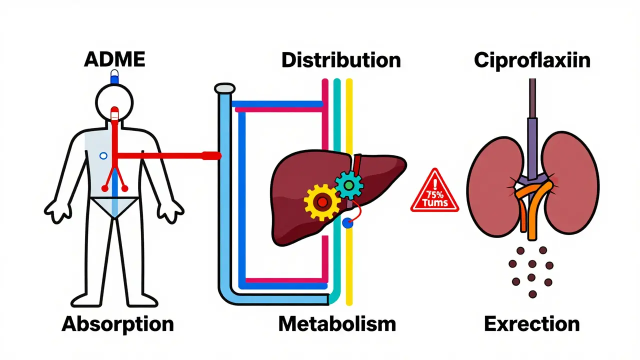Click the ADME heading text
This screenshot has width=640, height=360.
(x=114, y=59)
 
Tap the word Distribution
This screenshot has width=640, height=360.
(x=341, y=60)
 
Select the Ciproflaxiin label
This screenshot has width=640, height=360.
(x=532, y=60)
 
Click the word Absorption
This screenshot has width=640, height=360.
(x=117, y=324)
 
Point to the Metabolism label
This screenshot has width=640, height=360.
(x=337, y=324)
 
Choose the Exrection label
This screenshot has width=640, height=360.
(x=532, y=324)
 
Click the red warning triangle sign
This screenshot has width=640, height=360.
(x=434, y=192)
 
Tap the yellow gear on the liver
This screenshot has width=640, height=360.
(x=321, y=202)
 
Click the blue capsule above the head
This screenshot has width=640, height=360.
(x=115, y=77)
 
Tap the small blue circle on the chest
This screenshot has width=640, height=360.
(x=103, y=156)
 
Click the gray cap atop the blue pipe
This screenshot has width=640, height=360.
(x=224, y=89)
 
